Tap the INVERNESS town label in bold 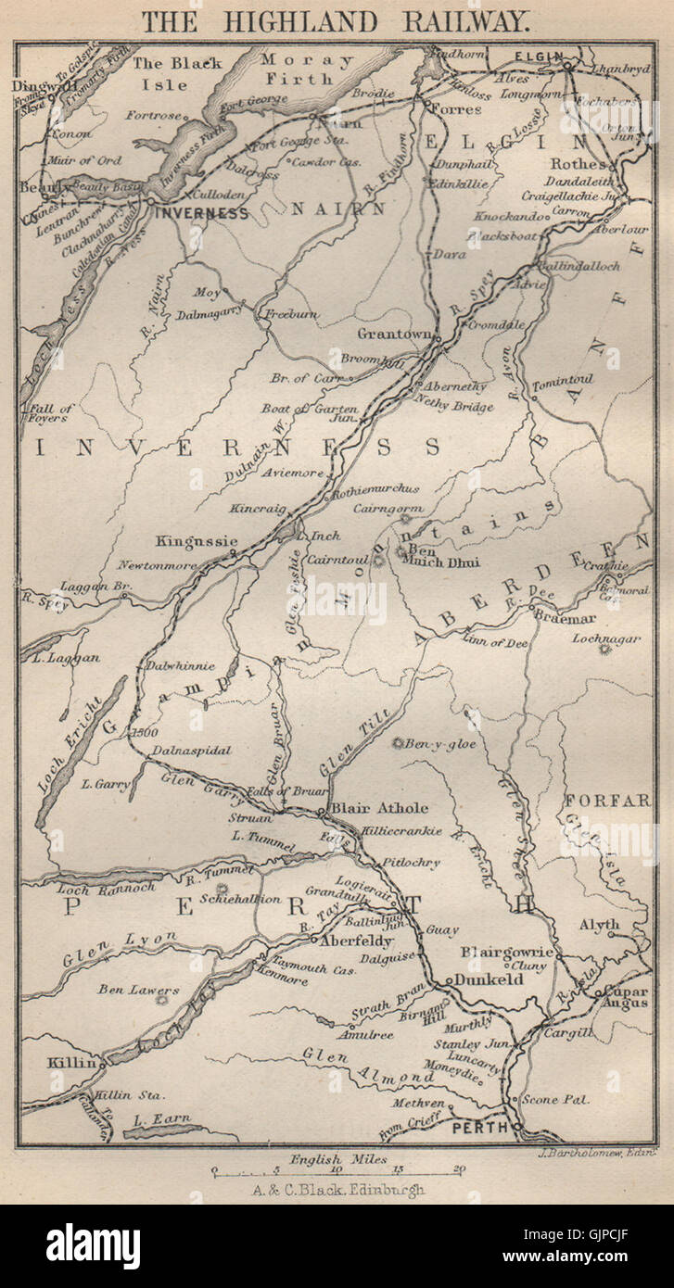202,212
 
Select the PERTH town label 479,1128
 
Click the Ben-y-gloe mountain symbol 399,743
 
